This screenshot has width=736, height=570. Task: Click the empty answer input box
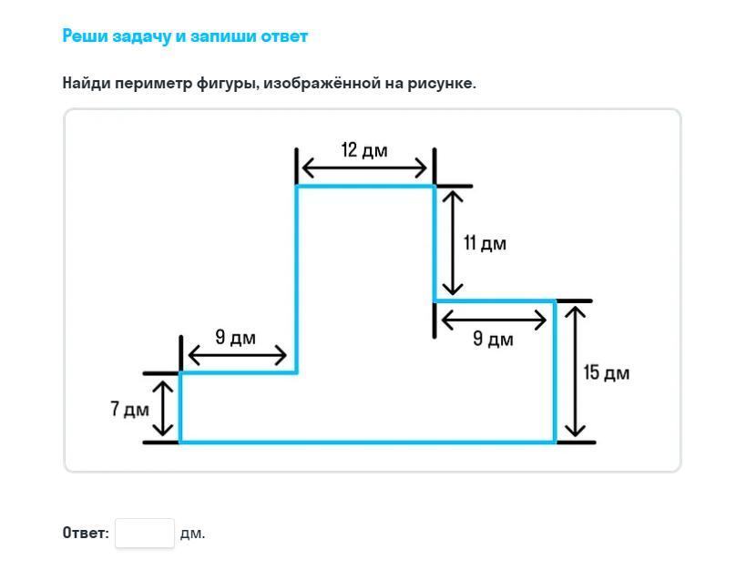pyautogui.click(x=145, y=533)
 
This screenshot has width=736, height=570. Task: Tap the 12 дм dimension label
pyautogui.click(x=364, y=150)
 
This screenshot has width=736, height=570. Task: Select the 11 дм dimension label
pyautogui.click(x=485, y=243)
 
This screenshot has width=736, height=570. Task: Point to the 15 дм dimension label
pyautogui.click(x=607, y=373)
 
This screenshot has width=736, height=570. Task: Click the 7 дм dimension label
pyautogui.click(x=130, y=409)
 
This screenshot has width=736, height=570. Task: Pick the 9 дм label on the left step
pyautogui.click(x=236, y=337)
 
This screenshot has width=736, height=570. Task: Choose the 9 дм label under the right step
pyautogui.click(x=494, y=339)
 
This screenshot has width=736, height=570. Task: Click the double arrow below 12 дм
pyautogui.click(x=364, y=168)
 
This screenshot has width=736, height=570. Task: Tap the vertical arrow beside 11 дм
pyautogui.click(x=453, y=243)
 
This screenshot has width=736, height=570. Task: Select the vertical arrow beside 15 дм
pyautogui.click(x=575, y=372)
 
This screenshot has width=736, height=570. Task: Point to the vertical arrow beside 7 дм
pyautogui.click(x=163, y=408)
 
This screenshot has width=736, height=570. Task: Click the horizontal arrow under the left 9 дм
pyautogui.click(x=237, y=355)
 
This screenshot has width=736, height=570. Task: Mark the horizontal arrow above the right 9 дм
pyautogui.click(x=494, y=321)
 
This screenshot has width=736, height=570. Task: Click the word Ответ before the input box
pyautogui.click(x=85, y=533)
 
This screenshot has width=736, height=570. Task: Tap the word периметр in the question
pyautogui.click(x=154, y=84)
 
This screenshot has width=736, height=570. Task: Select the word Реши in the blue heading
pyautogui.click(x=85, y=36)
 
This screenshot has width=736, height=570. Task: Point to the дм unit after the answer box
pyautogui.click(x=193, y=534)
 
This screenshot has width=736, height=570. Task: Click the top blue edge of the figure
pyautogui.click(x=365, y=187)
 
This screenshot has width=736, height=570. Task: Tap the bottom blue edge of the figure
pyautogui.click(x=367, y=442)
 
